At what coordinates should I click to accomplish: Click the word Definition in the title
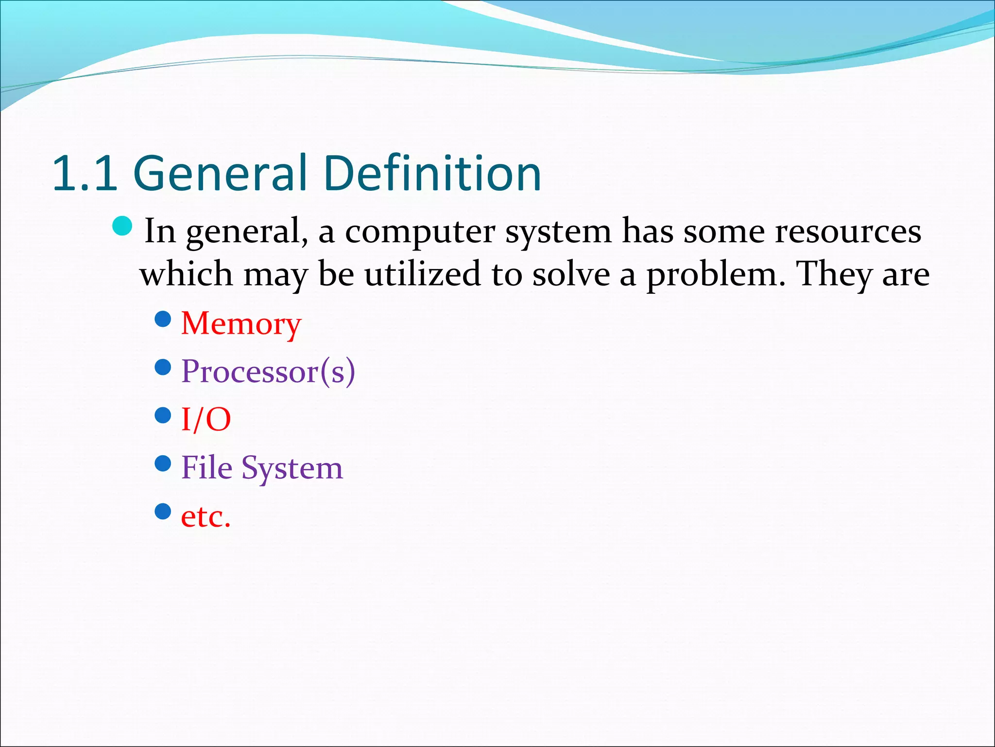tap(432, 173)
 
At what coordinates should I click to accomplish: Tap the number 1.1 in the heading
tap(85, 173)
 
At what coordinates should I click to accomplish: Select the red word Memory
tap(241, 324)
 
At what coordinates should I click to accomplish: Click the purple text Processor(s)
tap(268, 372)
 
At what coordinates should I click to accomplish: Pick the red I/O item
tap(206, 420)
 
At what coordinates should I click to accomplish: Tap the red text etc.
tap(206, 517)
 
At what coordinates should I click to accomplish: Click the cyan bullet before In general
tap(122, 226)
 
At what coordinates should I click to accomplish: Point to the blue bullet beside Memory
tap(163, 319)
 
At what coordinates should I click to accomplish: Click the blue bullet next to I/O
tap(163, 415)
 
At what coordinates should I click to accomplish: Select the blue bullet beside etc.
tap(163, 511)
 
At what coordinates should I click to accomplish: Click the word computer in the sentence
tap(420, 232)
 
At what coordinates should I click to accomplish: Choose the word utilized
tap(422, 274)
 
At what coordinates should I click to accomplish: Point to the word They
tap(834, 274)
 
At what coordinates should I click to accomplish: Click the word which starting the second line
tap(186, 274)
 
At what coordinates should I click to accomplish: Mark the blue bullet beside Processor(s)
tap(163, 367)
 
